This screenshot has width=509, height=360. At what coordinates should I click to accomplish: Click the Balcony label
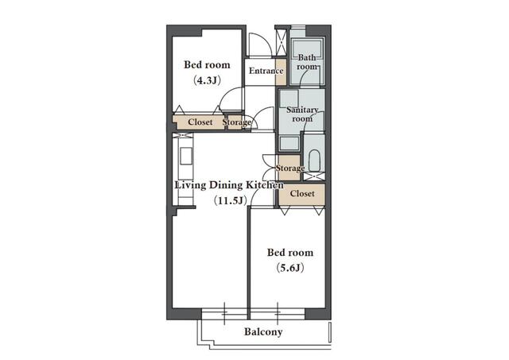click(x=263, y=331)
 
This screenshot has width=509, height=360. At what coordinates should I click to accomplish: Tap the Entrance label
click(x=266, y=71)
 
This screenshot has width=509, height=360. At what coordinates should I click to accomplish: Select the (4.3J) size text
click(x=207, y=80)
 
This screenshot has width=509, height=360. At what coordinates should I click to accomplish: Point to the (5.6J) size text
click(x=290, y=268)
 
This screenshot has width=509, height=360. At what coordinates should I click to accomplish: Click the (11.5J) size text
click(x=230, y=201)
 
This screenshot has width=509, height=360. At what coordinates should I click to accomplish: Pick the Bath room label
click(x=307, y=62)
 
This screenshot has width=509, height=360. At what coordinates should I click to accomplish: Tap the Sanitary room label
click(x=302, y=114)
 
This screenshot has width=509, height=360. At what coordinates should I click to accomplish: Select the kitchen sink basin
click(x=186, y=156)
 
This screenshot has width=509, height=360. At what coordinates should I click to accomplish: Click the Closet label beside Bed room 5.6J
click(x=302, y=194)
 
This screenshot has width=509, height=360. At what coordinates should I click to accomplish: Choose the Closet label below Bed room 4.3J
click(x=200, y=122)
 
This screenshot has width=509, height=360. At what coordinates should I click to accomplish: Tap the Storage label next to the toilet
click(x=289, y=168)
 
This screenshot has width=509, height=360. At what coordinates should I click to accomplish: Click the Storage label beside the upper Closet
click(x=237, y=122)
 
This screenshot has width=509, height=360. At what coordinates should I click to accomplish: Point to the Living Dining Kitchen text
click(x=229, y=185)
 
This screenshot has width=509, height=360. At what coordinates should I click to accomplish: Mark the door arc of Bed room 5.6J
click(x=256, y=194)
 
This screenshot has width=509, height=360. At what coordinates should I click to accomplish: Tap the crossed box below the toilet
click(x=314, y=176)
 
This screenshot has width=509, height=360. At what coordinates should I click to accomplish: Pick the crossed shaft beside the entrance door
click(x=281, y=41)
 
